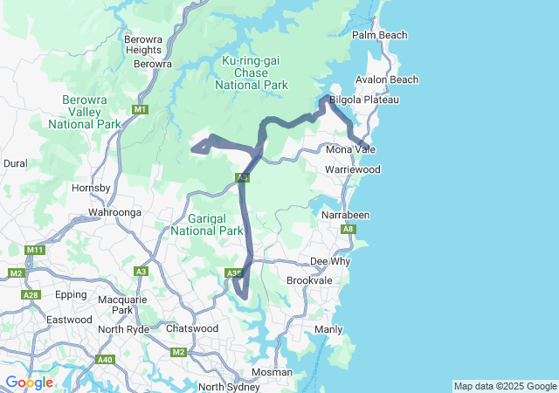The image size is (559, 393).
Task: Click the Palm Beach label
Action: [x=379, y=35]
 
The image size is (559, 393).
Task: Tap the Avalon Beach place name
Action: [x=387, y=79]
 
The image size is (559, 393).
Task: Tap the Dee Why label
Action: [x=330, y=261]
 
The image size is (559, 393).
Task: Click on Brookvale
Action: [x=309, y=280]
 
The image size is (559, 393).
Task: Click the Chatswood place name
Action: [x=191, y=328]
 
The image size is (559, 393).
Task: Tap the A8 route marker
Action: [x=349, y=229]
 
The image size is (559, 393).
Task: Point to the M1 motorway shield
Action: [x=141, y=109]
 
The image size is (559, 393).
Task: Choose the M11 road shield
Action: [x=34, y=251]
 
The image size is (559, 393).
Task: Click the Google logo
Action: [x=29, y=383]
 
